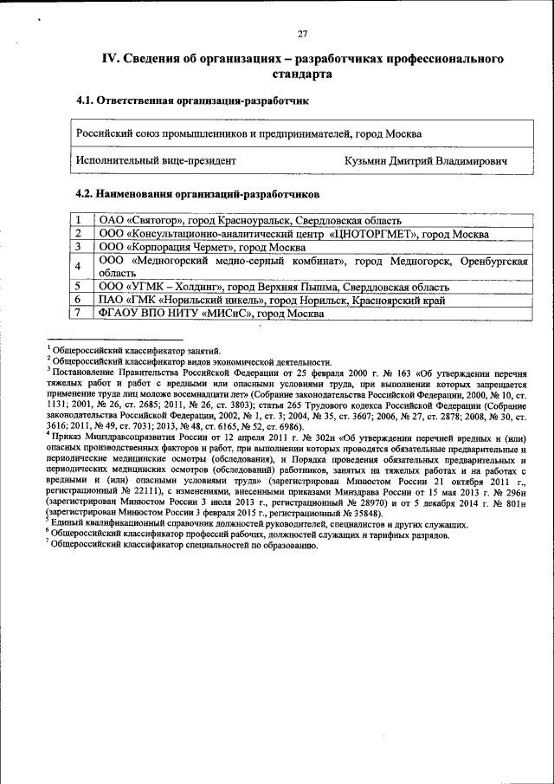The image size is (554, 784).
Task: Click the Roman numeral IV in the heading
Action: pyautogui.click(x=110, y=58)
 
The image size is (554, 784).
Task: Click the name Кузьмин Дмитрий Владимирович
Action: pyautogui.click(x=425, y=160)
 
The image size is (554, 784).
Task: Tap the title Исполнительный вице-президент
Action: pyautogui.click(x=156, y=160)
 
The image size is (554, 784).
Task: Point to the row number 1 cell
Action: pyautogui.click(x=78, y=220)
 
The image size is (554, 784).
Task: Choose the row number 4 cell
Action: pyautogui.click(x=78, y=266)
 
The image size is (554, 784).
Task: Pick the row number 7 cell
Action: pyautogui.click(x=78, y=313)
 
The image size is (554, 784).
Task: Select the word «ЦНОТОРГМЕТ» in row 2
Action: pyautogui.click(x=377, y=234)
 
